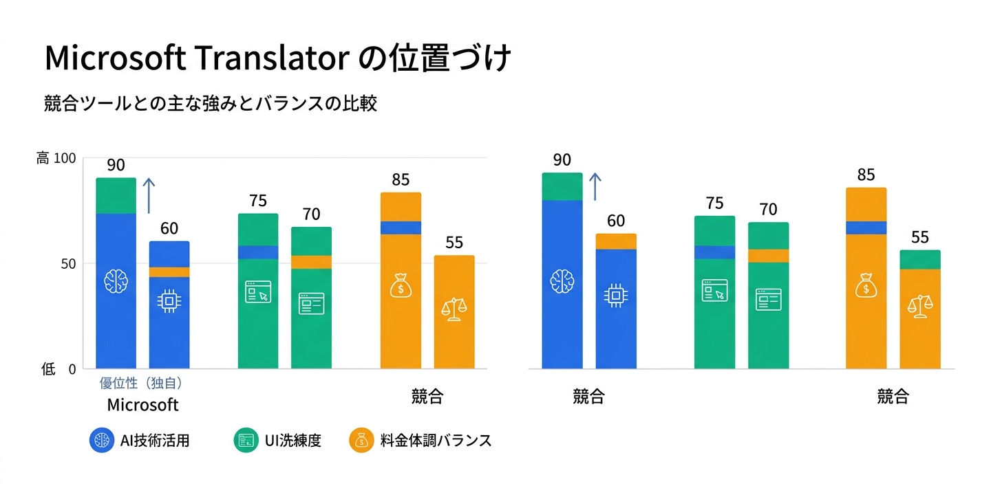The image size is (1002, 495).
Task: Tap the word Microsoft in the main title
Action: pos(114,59)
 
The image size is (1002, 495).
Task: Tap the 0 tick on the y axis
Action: pos(72,369)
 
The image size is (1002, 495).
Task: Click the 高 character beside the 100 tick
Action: pos(43,158)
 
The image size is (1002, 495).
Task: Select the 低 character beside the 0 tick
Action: pos(47,369)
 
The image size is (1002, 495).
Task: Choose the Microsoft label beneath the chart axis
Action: pos(142,404)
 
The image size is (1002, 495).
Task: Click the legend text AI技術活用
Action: pos(154,441)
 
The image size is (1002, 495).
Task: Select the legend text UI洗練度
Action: pos(292,441)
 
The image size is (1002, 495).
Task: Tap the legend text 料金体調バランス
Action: pos(436,441)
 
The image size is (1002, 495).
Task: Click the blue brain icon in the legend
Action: pos(102,441)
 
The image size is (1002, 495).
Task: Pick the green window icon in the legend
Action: pos(246,441)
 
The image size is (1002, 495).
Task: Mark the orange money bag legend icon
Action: pos(361,441)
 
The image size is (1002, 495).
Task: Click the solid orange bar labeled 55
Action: pos(454,312)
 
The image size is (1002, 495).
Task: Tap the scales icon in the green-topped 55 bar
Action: pos(919,306)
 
